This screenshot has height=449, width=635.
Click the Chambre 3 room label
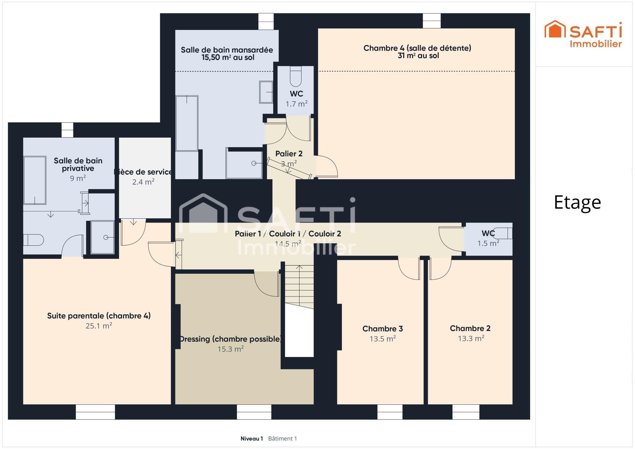[382, 329]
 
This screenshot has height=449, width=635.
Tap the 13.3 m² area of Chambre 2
[471, 338]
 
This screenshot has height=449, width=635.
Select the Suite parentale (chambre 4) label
[99, 316]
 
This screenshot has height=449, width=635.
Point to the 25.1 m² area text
[99, 326]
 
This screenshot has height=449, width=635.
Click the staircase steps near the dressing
[299, 286]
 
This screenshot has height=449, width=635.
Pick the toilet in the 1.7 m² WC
[296, 76]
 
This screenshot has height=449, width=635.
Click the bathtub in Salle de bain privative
[35, 180]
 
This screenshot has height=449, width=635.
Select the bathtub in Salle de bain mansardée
[187, 123]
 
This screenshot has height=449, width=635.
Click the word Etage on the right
[577, 202]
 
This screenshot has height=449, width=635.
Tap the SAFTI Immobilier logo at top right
[583, 34]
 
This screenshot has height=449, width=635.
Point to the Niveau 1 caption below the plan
[252, 438]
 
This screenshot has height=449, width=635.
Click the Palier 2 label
[289, 154]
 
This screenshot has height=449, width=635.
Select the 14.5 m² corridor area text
[288, 244]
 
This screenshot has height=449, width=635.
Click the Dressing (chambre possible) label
[230, 339]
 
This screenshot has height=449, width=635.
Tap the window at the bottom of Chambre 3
[390, 412]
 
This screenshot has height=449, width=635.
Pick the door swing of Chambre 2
[440, 268]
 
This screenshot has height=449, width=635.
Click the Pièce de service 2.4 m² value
[143, 182]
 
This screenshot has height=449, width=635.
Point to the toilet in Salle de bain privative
[33, 240]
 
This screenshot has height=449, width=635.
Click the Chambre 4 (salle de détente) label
[417, 48]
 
